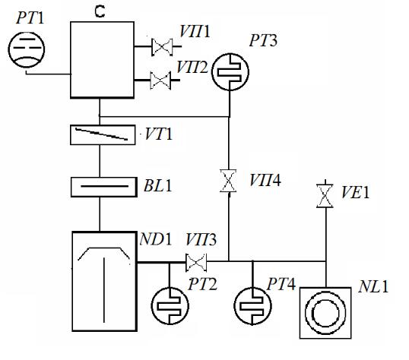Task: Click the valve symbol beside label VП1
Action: click(x=162, y=47)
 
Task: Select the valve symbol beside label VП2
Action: click(x=160, y=81)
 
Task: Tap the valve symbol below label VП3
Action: click(x=196, y=262)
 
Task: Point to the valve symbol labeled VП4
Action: click(x=229, y=181)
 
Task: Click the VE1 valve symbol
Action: click(x=325, y=195)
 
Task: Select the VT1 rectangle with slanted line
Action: click(x=103, y=134)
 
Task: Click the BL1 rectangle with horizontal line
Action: click(x=104, y=187)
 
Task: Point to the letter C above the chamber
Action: click(x=100, y=11)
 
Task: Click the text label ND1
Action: click(x=156, y=238)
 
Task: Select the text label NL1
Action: click(x=373, y=286)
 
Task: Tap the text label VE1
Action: click(x=355, y=193)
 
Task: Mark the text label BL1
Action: click(x=158, y=186)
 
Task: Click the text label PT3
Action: click(x=263, y=41)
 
